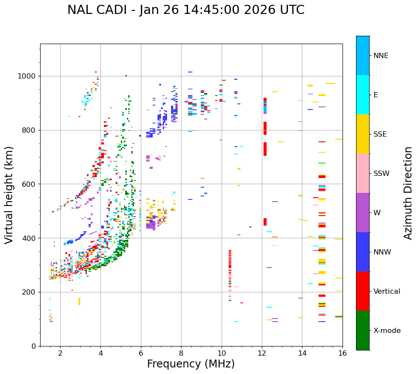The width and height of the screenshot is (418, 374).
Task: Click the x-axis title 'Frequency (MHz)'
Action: pos(191,364)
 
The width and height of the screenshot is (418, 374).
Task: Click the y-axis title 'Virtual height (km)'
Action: pos(9,195)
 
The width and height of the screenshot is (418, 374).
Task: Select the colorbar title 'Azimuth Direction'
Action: pos(408,193)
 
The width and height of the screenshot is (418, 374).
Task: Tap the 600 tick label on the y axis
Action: pos(30,184)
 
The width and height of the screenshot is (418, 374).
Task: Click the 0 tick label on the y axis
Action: pos(34,346)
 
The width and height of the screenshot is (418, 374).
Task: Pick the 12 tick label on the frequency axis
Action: pos(262,353)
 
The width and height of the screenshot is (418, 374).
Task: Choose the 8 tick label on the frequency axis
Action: pos(181,353)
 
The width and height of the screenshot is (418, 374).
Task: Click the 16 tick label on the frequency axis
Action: pos(343,353)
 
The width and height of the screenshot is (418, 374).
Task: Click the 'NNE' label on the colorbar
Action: pos(380,56)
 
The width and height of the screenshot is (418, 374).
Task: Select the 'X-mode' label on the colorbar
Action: pos(387,331)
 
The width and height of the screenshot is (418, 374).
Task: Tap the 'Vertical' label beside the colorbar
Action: pos(387,292)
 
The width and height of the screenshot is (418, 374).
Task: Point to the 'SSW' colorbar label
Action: pos(381,174)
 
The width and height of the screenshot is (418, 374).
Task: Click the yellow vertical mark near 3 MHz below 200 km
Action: pos(79,301)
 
